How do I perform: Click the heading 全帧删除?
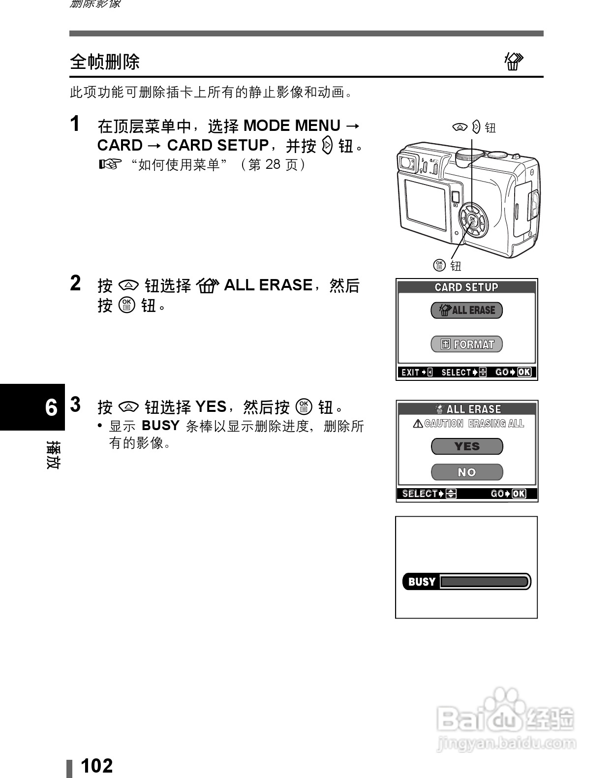105,62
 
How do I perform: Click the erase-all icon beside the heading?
514,62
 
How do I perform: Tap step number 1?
75,124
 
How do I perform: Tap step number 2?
75,283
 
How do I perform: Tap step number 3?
75,405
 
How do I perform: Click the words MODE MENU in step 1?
292,125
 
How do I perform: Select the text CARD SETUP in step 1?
217,145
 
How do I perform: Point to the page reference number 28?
273,164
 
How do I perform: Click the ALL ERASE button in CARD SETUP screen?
466,310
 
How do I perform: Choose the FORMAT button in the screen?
466,344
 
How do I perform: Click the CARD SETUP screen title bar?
466,287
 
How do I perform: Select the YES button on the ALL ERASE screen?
466,446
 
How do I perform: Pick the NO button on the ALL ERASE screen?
466,472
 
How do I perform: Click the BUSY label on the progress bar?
422,582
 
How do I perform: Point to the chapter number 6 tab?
51,407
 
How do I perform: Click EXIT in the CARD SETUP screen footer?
410,373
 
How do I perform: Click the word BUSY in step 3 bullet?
160,425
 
